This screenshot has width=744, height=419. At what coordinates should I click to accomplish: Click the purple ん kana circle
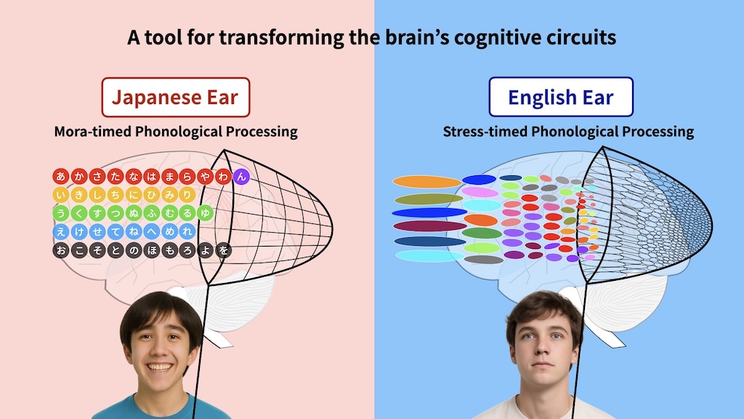(241, 177)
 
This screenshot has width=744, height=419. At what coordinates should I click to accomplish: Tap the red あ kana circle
(60, 176)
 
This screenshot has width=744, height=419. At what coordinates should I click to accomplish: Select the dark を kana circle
(224, 250)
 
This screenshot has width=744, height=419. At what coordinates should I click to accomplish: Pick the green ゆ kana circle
(205, 213)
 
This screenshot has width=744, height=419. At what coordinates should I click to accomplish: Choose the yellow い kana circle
(60, 195)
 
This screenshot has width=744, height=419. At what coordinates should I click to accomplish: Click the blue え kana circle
(60, 231)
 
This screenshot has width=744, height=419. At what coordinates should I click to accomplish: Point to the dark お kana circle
(60, 250)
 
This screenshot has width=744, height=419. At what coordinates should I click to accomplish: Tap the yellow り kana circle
(187, 195)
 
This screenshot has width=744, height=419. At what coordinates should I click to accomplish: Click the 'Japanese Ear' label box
(176, 97)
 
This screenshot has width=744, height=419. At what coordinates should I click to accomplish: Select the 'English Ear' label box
(561, 97)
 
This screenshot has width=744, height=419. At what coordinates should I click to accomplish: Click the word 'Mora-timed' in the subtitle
(92, 132)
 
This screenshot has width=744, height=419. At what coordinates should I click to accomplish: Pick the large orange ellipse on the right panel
(426, 181)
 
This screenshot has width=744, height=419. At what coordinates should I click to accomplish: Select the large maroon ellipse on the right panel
(430, 226)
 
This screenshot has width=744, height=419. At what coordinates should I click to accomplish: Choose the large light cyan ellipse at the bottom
(429, 255)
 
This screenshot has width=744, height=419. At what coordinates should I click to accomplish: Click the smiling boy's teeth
(159, 367)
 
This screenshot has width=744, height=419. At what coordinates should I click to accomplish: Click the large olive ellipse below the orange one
(429, 199)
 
